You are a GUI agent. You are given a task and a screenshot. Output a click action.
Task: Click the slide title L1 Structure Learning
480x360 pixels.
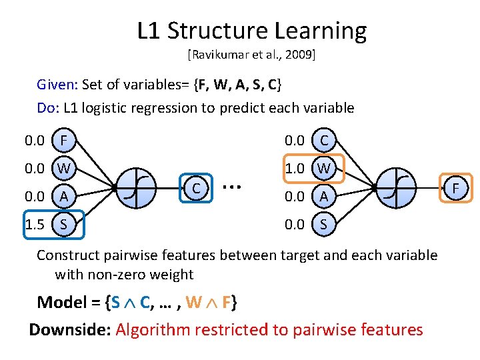coord(251,31)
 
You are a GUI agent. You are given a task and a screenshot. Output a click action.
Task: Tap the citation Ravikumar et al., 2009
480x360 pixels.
coord(251,55)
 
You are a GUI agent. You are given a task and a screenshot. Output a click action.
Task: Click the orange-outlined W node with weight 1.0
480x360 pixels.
coord(324,169)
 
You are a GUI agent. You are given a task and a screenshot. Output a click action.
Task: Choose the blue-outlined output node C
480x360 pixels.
coord(197,189)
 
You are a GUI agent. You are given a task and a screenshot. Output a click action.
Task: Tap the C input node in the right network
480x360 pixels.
coord(324,141)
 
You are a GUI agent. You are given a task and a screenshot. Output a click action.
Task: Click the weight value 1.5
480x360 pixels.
coord(35,225)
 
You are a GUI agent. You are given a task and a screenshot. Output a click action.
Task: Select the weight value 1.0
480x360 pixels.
coord(295,169)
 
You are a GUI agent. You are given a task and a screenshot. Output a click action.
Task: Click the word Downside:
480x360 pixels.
coord(70,329)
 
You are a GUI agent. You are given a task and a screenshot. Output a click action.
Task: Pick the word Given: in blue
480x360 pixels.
coord(58,85)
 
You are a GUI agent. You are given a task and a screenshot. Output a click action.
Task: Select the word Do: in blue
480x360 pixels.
coord(49,107)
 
